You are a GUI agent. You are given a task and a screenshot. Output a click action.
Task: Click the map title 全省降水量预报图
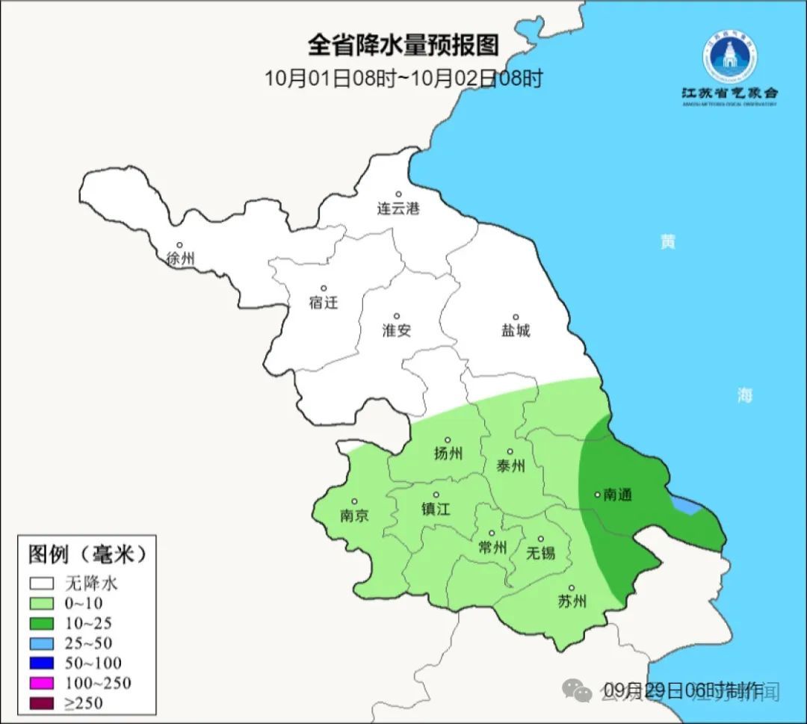[x=403, y=46]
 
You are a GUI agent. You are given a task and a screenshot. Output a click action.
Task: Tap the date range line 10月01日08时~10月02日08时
[x=403, y=78]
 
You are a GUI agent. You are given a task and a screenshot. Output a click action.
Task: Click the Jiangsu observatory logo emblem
[x=729, y=56]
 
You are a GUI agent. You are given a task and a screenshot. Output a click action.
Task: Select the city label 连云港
[x=398, y=209]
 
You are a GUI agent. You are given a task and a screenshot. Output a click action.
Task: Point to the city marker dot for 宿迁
[x=324, y=288]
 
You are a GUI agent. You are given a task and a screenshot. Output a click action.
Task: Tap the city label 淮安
[x=397, y=330]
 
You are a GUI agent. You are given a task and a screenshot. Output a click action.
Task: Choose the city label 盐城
[x=515, y=330]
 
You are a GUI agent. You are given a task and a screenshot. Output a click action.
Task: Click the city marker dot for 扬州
[x=448, y=440]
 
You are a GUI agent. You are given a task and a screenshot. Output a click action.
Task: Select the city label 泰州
[x=510, y=466]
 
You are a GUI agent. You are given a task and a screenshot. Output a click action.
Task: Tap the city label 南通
[x=617, y=495]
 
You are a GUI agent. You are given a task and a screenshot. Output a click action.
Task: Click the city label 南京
[x=353, y=516]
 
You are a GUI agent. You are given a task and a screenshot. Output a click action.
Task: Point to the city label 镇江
[x=436, y=509]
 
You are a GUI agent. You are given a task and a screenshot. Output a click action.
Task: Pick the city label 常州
[x=492, y=548]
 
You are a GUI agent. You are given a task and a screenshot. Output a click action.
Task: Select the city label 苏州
[x=572, y=601]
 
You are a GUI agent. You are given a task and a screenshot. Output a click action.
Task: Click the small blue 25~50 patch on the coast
[x=687, y=506]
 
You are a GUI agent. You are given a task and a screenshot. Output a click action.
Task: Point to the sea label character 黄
[x=667, y=241]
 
